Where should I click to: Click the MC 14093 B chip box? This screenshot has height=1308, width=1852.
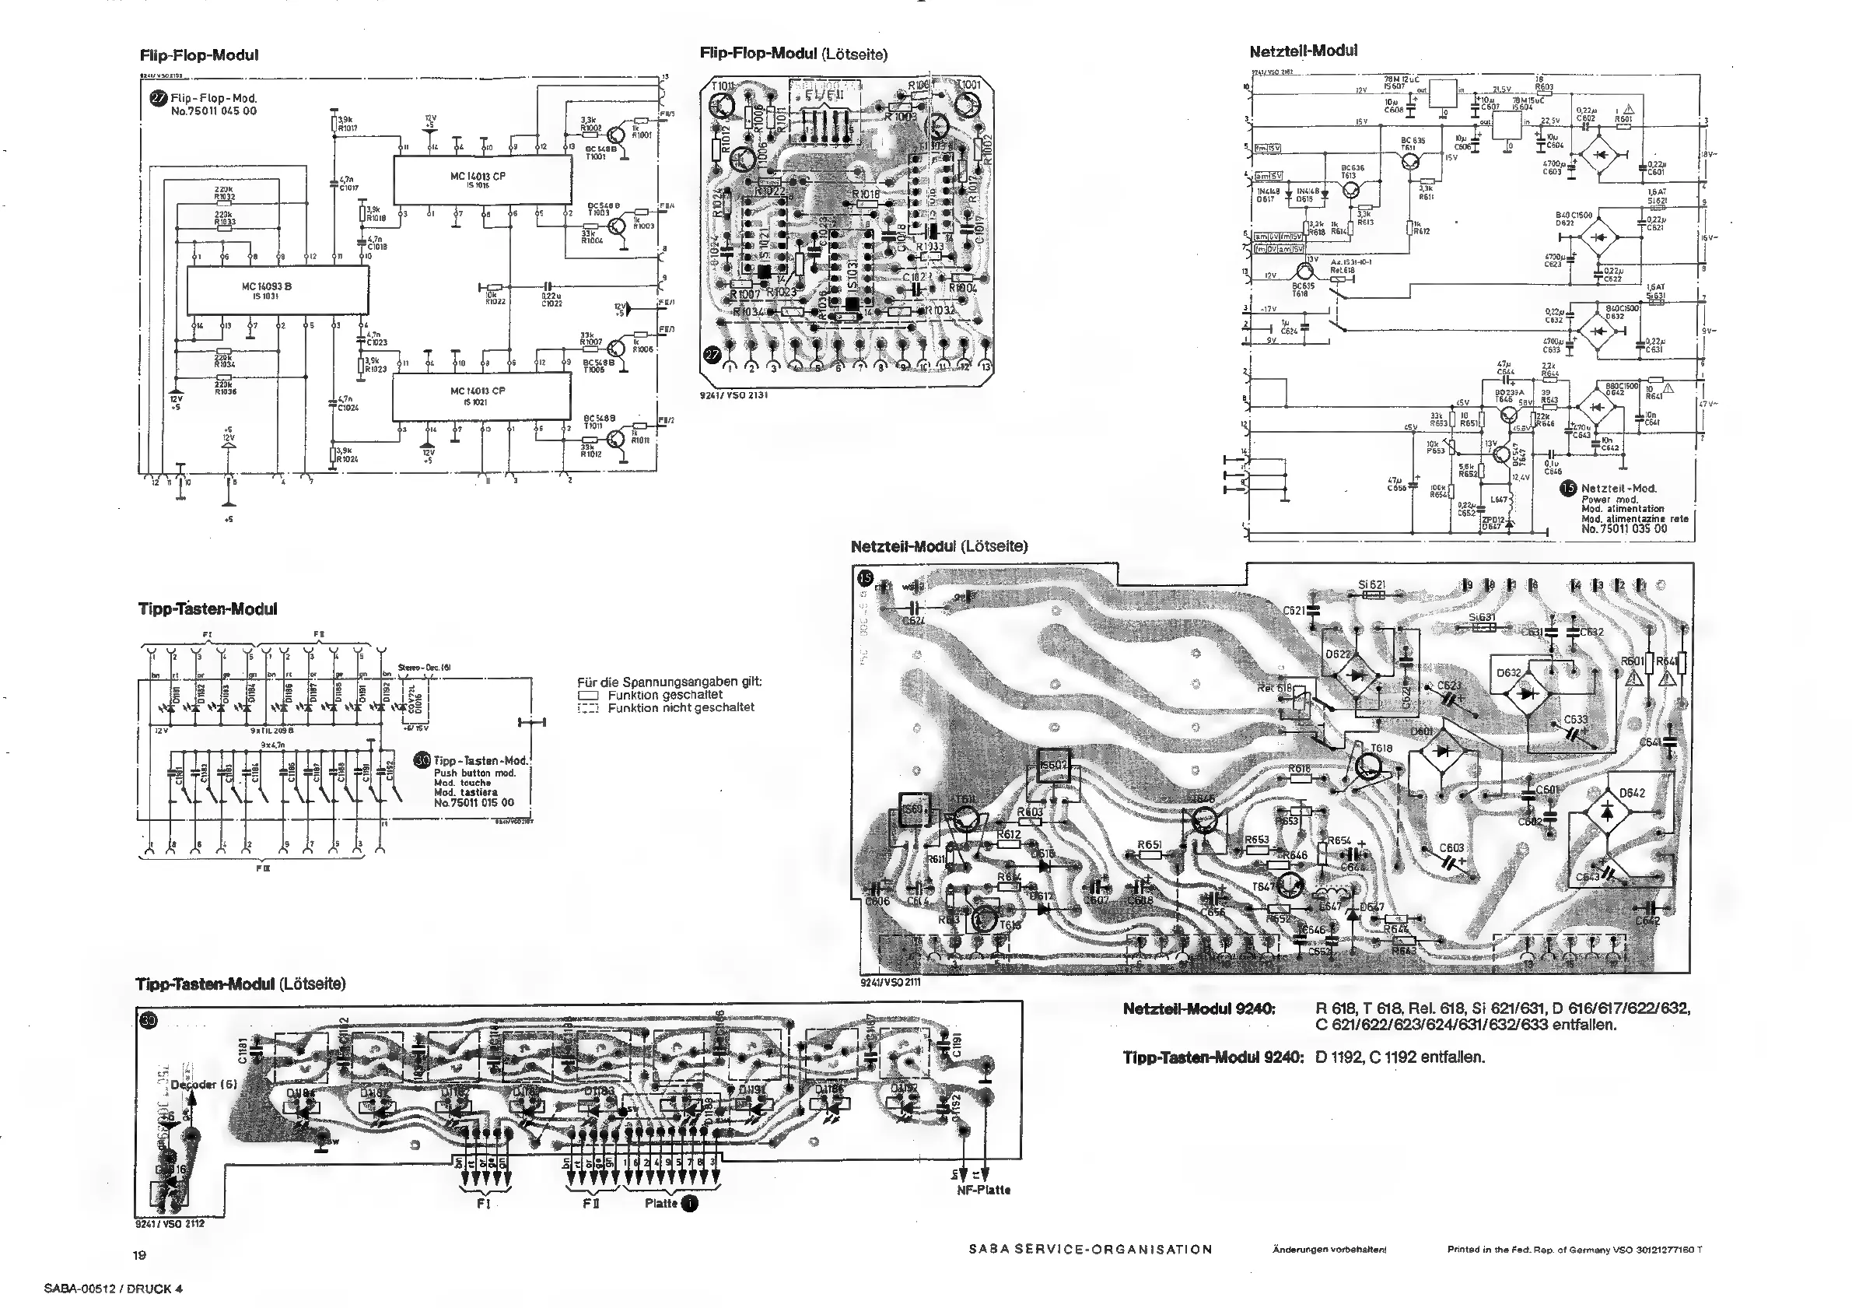click(278, 290)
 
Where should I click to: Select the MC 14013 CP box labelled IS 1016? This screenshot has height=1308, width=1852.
click(481, 180)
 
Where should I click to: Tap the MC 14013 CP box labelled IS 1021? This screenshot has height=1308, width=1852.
click(481, 396)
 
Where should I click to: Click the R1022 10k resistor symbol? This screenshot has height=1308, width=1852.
click(495, 287)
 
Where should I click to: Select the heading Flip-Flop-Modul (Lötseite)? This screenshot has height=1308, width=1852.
click(793, 54)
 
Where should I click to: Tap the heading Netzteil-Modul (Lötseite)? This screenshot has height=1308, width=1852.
click(939, 546)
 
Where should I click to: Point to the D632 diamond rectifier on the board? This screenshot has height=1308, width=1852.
click(1525, 693)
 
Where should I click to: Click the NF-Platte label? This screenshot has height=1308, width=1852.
click(983, 1191)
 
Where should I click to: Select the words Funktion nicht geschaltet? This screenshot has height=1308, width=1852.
click(681, 707)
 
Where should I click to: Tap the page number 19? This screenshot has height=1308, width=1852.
click(139, 1255)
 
